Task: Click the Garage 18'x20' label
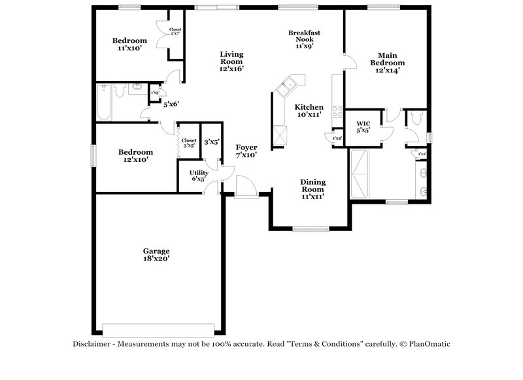pyautogui.click(x=157, y=255)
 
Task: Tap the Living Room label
pyautogui.click(x=231, y=61)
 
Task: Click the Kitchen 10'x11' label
pyautogui.click(x=309, y=111)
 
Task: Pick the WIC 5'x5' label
pyautogui.click(x=363, y=127)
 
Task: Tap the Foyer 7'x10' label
pyautogui.click(x=246, y=151)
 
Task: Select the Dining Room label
pyautogui.click(x=313, y=189)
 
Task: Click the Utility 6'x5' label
pyautogui.click(x=199, y=176)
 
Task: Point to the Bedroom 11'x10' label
pyautogui.click(x=129, y=44)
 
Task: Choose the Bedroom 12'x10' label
pyautogui.click(x=135, y=156)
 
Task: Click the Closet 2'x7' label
pyautogui.click(x=175, y=33)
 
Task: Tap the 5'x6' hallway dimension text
pyautogui.click(x=171, y=104)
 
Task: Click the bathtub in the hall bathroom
pyautogui.click(x=105, y=103)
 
